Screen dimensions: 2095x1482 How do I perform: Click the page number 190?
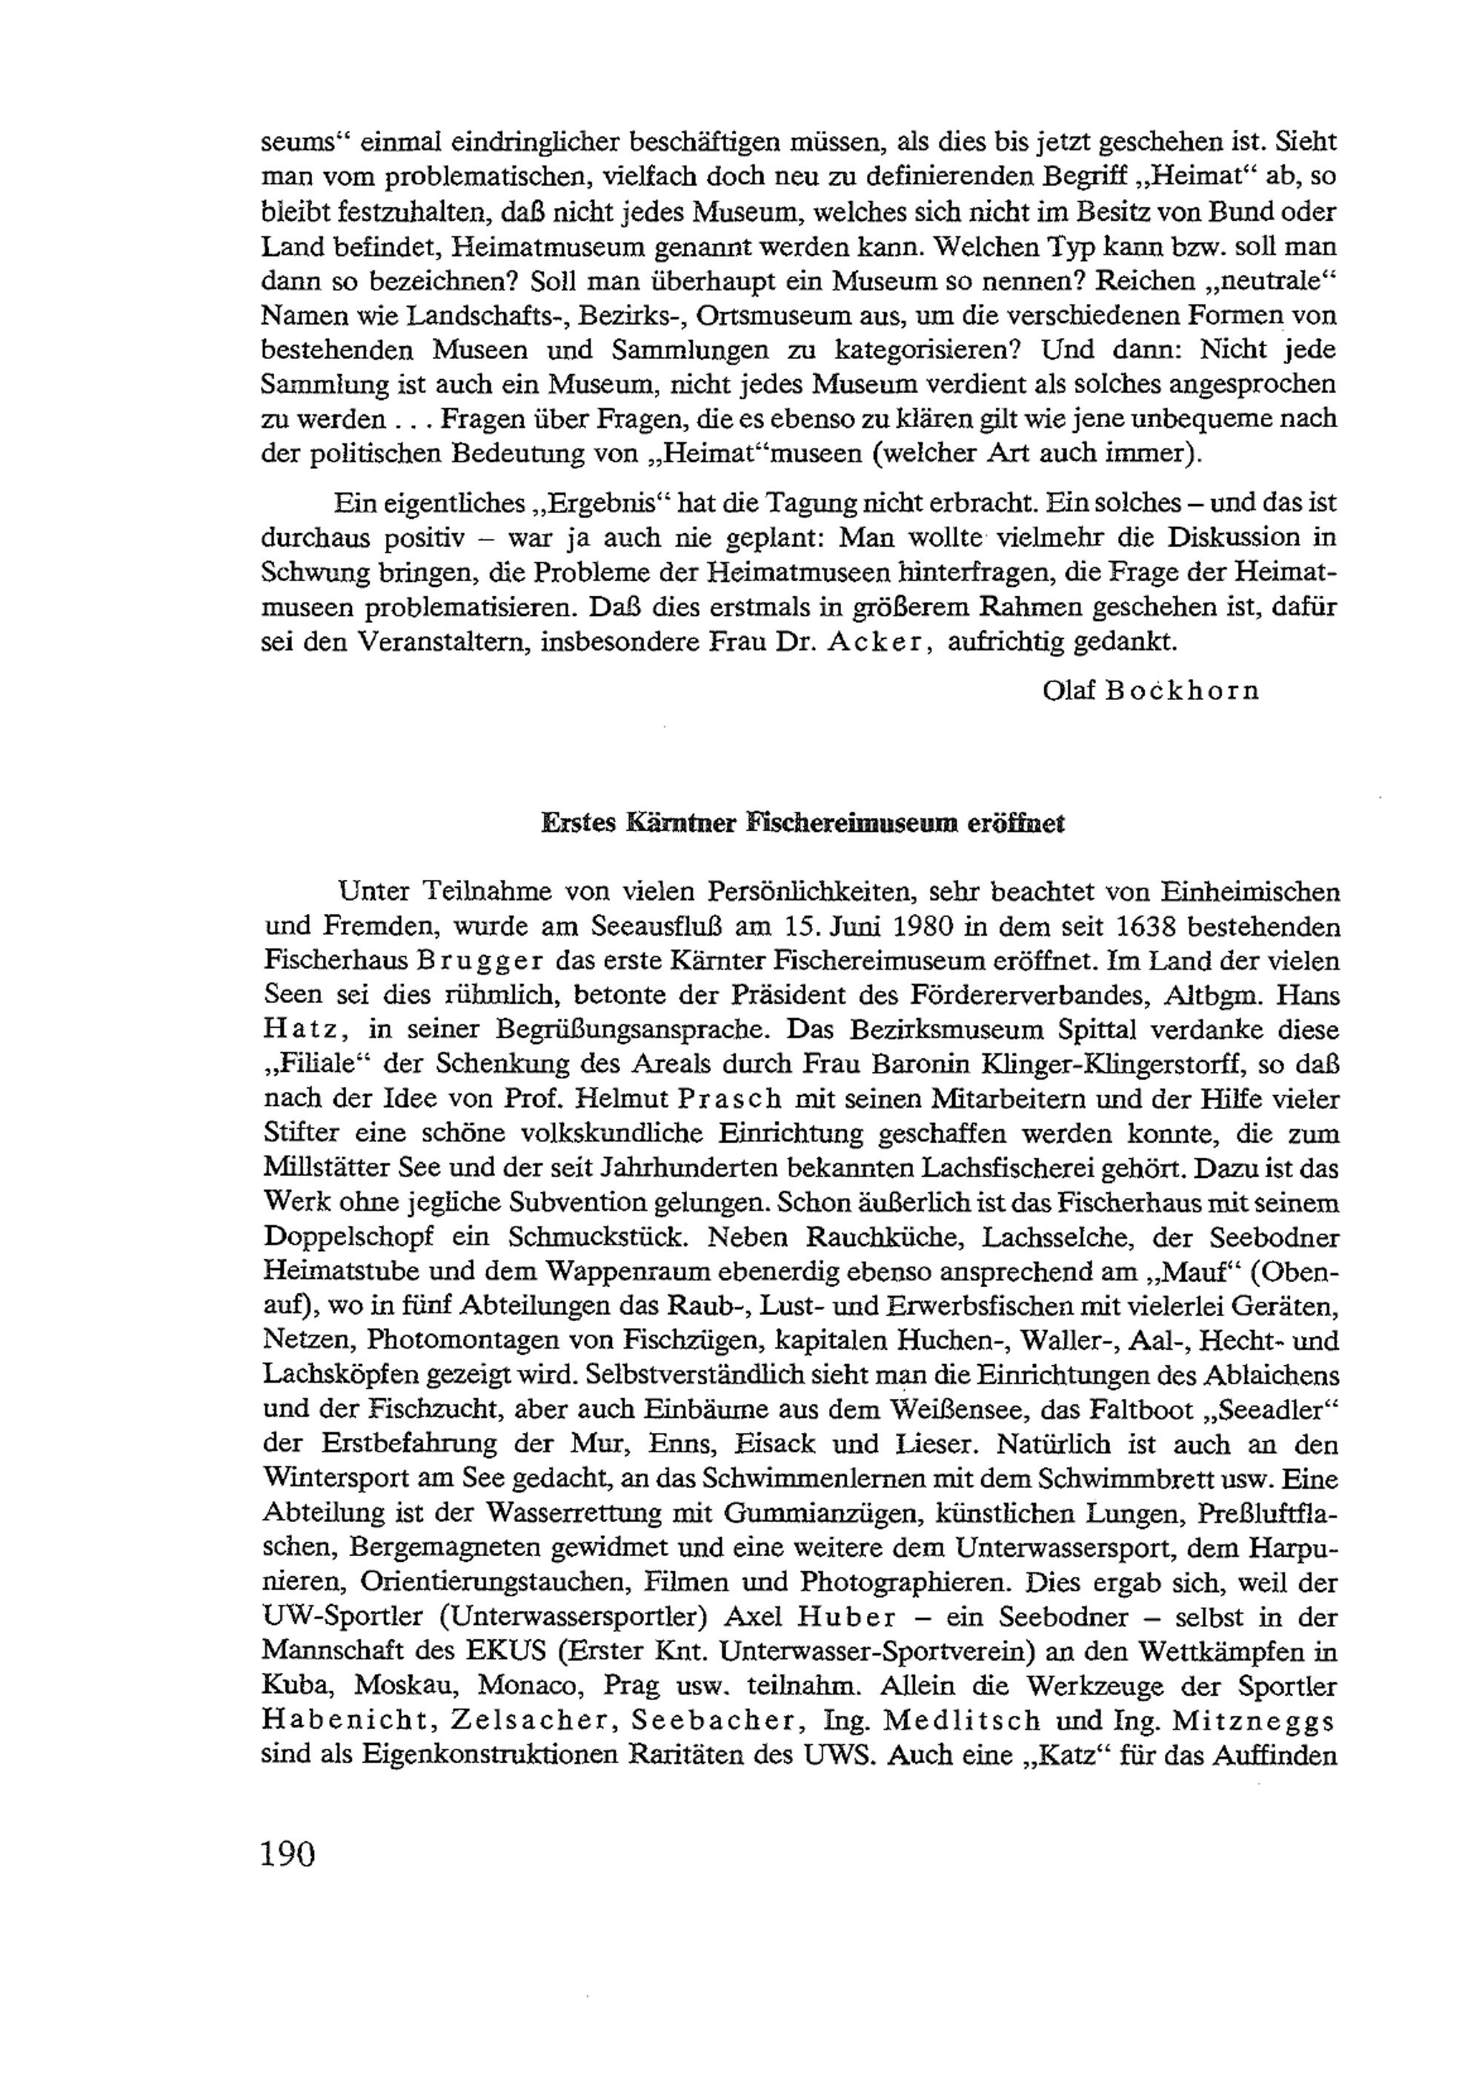tap(288, 1828)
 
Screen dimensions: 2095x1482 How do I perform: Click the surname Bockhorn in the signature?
tap(1182, 690)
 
